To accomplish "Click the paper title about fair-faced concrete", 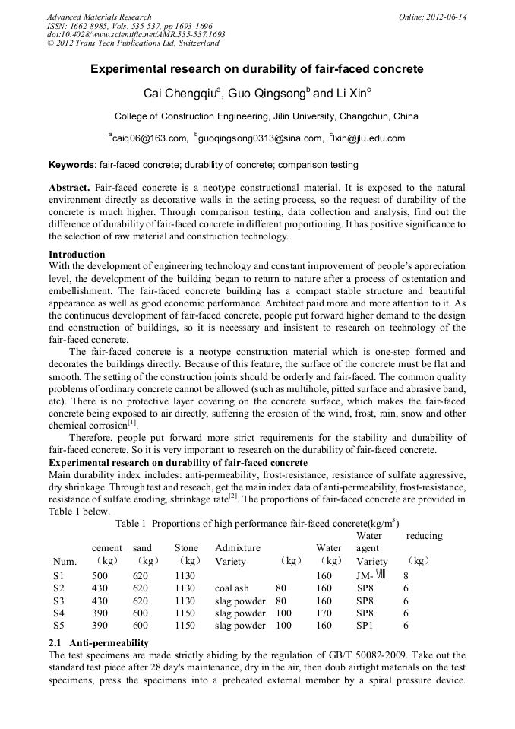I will (257, 69).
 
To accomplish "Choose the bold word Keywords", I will (71, 165).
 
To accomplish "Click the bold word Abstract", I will (70, 188).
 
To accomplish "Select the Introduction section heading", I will (77, 254).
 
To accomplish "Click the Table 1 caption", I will (257, 524).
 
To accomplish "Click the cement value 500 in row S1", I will (100, 575).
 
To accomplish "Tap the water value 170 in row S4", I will (324, 613).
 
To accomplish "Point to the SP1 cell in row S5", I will (365, 626).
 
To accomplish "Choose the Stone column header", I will (186, 548).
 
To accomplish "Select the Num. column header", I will (65, 562).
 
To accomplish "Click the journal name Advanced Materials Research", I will (99, 17).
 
